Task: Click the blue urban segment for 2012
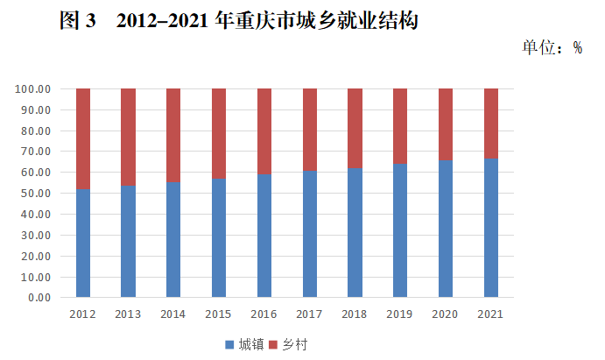tap(83, 243)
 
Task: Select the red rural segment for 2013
tap(128, 137)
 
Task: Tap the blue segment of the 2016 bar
tap(264, 236)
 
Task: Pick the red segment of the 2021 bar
tap(491, 124)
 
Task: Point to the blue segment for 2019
tap(400, 230)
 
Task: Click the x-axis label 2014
tap(173, 314)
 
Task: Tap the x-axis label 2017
tap(309, 314)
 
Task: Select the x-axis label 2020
tap(446, 314)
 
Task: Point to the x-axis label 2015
tap(219, 314)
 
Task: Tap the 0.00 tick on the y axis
tap(39, 298)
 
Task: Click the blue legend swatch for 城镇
tap(230, 344)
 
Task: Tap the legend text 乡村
tap(295, 344)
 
